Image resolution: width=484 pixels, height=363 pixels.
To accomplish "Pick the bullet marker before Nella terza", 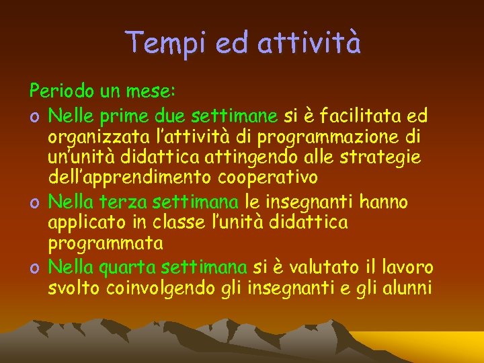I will (x=33, y=201).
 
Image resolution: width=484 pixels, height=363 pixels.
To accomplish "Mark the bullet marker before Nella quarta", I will (x=33, y=267).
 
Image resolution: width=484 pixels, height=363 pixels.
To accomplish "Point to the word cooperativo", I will (x=268, y=179).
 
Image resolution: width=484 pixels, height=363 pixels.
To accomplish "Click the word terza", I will (x=126, y=201).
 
